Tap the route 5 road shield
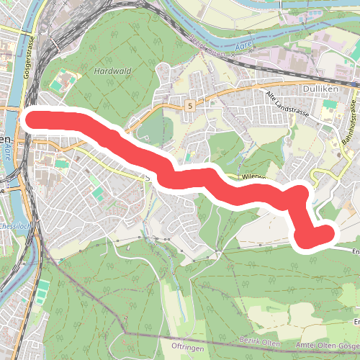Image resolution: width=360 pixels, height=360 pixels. [x=189, y=105]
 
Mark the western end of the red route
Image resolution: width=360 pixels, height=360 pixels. [x=32, y=119]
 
